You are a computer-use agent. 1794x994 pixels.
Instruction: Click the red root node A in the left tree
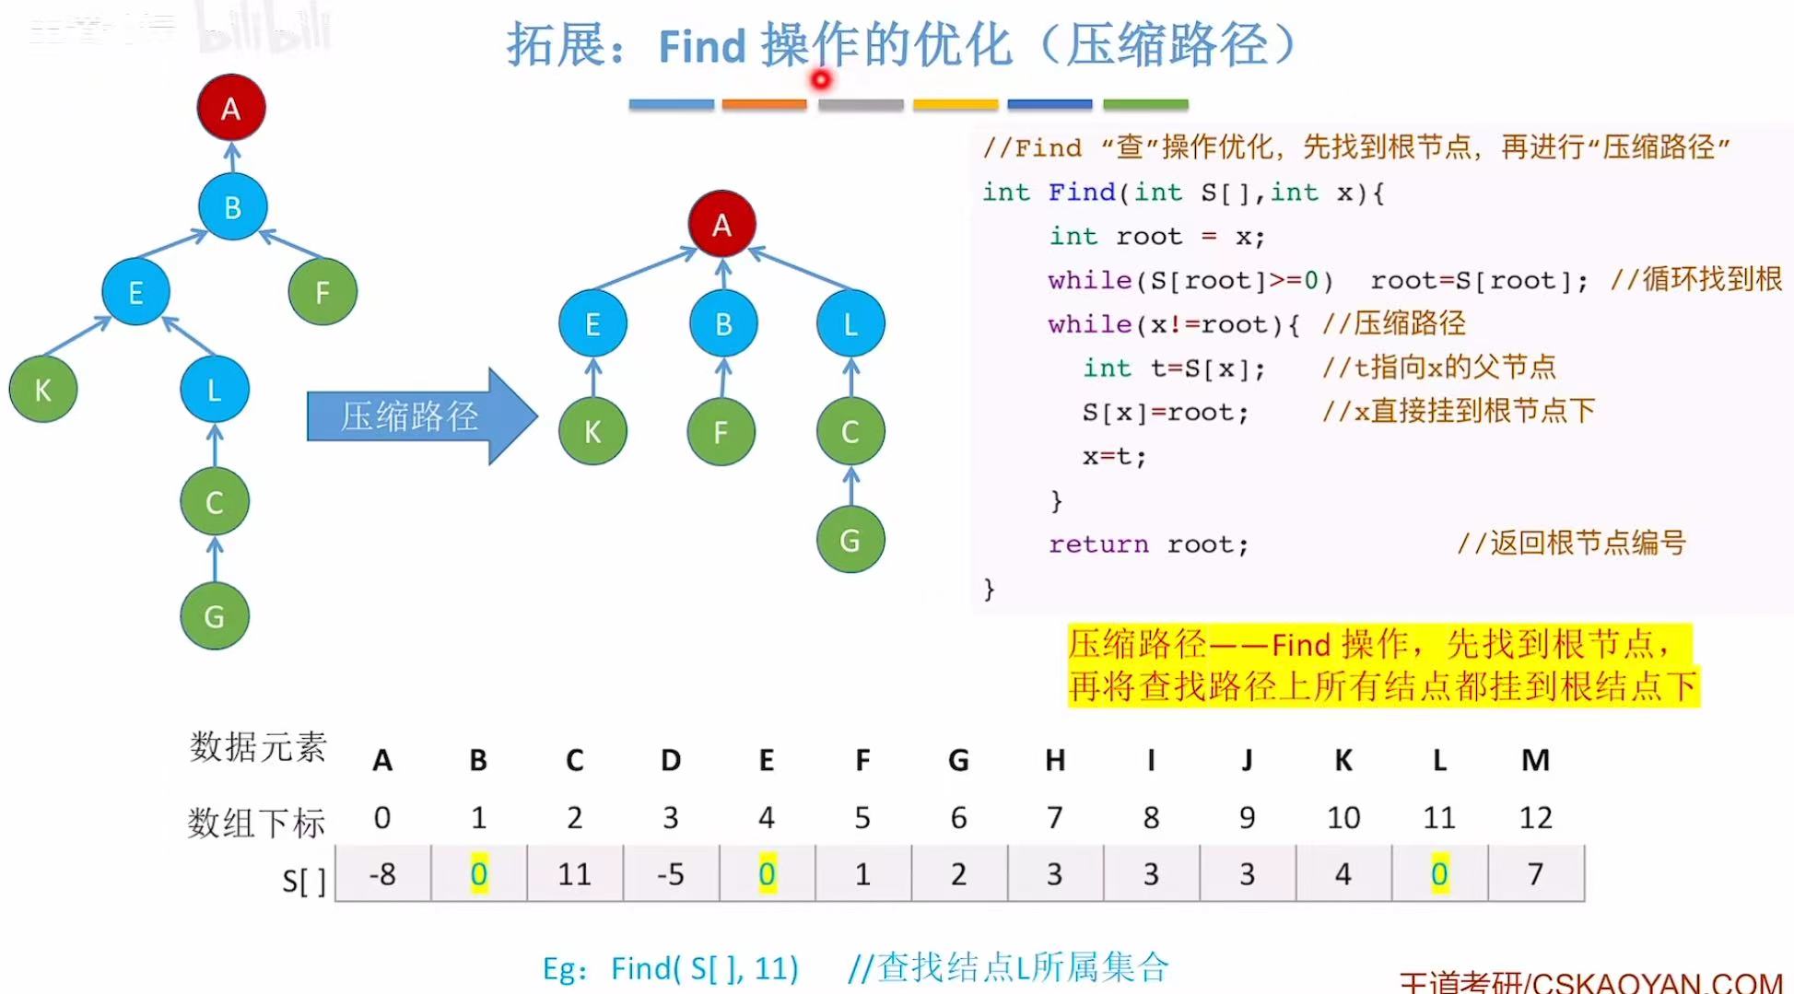tap(230, 108)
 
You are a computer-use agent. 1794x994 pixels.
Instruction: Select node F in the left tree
tap(322, 293)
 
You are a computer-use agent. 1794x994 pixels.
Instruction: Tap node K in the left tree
tap(43, 390)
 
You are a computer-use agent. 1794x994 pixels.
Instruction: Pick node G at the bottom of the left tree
tap(215, 615)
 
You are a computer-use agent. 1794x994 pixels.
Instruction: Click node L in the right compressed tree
tap(850, 323)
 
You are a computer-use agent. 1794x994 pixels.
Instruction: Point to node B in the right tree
tap(723, 323)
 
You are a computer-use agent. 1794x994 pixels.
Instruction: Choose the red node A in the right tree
tap(722, 224)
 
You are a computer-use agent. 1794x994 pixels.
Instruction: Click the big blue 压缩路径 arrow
tap(420, 416)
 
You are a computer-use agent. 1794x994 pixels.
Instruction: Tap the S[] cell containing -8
tap(382, 873)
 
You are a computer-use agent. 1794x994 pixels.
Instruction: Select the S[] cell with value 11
tap(574, 873)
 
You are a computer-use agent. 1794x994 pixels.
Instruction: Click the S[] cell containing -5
tap(671, 873)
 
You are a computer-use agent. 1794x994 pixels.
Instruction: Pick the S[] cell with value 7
tap(1535, 873)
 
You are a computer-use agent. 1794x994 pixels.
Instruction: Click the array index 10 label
tap(1343, 817)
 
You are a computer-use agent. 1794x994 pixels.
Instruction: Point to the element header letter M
tap(1535, 760)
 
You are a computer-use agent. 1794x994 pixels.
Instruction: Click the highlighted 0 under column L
tap(1439, 873)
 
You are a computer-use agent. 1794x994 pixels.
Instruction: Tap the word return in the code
tap(1098, 544)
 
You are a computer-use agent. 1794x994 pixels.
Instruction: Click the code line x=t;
tap(1114, 456)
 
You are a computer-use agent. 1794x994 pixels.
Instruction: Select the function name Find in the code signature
tap(1082, 192)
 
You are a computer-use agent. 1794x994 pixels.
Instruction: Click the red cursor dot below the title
tap(820, 80)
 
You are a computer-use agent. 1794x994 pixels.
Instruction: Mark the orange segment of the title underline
tap(764, 104)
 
